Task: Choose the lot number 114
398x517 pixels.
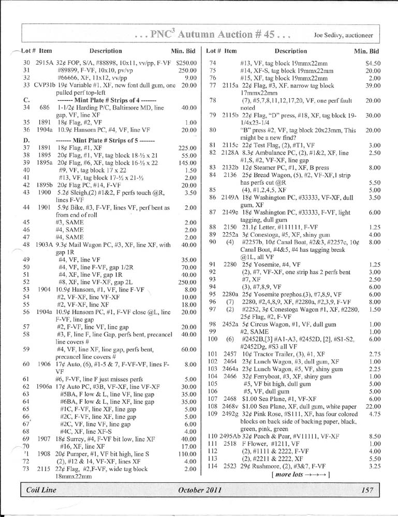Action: tap(212, 466)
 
